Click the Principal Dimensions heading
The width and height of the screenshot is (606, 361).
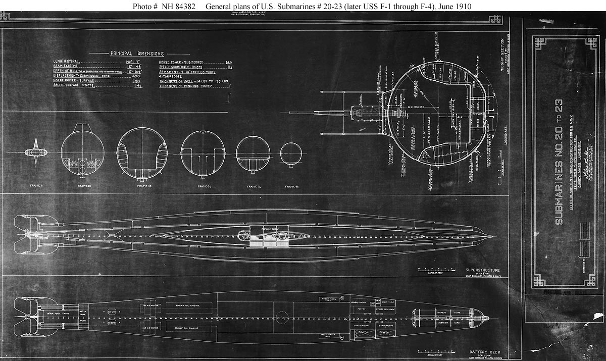[137, 54]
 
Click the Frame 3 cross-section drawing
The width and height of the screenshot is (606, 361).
[35, 151]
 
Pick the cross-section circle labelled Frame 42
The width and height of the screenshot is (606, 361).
[142, 152]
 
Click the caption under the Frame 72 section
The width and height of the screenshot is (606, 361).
[253, 186]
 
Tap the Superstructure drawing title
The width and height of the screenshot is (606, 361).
[483, 270]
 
